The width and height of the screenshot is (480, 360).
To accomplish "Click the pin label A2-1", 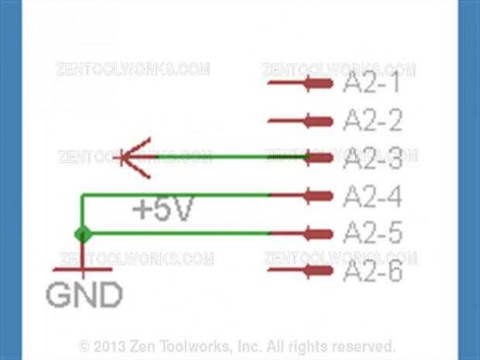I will [372, 83].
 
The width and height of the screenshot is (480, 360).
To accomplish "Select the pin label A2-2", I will [372, 121].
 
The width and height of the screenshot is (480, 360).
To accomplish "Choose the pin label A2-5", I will [372, 233].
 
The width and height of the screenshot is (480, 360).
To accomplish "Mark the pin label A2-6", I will [372, 271].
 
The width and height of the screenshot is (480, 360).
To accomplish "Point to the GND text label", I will [84, 294].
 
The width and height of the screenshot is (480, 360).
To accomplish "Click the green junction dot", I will [81, 233].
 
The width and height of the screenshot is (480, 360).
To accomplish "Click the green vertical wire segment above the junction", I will [81, 213].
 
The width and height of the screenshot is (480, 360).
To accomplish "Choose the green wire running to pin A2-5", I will [178, 233].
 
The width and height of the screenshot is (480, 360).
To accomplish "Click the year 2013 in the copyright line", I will [109, 345].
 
